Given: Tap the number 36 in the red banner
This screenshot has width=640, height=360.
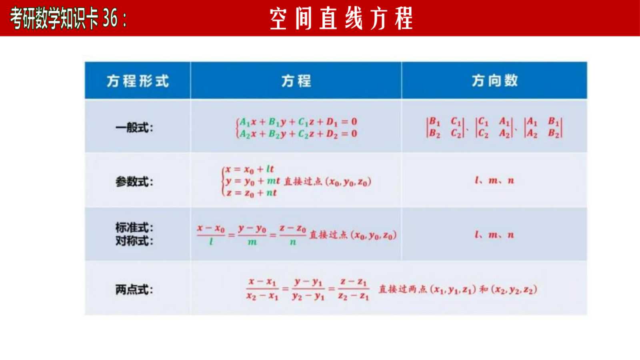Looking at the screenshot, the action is pos(110,18).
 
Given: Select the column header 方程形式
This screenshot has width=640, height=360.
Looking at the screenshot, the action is pos(138,81).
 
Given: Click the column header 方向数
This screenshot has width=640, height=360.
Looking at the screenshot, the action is pos(494,80).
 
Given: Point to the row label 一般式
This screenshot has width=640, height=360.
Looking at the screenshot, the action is pos(134,128).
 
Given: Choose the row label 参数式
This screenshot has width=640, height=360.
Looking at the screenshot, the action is pos(134,182).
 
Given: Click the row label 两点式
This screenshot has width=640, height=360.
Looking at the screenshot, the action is pos(134,290).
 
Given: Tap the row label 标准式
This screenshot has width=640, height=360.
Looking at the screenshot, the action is pos(134,228).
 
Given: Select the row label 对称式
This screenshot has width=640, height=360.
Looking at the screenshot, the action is pos(134,241).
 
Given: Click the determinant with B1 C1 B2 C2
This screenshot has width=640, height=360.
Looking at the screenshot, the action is pos(445,128).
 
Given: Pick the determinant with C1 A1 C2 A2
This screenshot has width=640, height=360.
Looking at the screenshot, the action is pos(494,128).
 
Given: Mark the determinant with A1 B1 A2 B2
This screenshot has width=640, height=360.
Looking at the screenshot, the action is pos(544,128).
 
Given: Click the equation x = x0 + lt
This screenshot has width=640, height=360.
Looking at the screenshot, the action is pos(250,170).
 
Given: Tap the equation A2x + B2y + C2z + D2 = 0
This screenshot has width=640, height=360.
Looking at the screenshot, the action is pos(298,134).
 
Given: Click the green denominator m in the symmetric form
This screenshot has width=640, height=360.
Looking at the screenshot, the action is pos(252,242).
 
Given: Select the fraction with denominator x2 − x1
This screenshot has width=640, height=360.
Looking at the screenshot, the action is pos(262,289).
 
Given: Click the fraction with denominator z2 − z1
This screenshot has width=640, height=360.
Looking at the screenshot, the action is pos(354,289).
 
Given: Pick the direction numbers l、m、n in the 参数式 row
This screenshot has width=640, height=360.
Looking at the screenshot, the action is pos(494,180).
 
